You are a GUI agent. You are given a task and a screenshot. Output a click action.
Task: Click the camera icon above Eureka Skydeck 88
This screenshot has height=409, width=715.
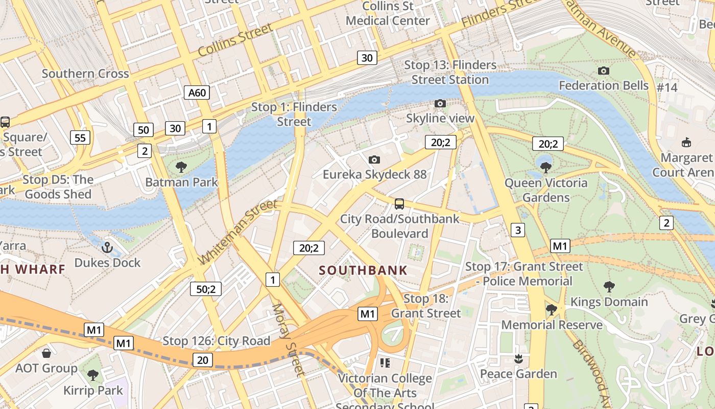(x=374, y=160)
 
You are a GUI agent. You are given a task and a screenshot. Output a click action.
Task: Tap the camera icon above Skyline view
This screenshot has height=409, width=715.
(x=440, y=104)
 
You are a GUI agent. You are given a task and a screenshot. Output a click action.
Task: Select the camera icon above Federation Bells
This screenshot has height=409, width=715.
(x=603, y=71)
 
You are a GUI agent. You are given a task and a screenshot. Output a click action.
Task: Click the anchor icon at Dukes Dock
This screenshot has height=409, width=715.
(x=107, y=248)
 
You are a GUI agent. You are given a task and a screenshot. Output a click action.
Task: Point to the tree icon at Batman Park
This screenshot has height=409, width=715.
(x=181, y=167)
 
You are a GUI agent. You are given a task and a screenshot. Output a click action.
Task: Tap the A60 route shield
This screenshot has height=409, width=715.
(x=197, y=93)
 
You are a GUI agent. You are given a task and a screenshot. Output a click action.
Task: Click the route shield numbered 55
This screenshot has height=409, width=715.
(x=80, y=138)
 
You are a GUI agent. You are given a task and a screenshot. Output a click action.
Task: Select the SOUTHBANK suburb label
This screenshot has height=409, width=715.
(x=363, y=270)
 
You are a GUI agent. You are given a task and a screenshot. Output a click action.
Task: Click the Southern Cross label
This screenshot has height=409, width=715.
(x=85, y=74)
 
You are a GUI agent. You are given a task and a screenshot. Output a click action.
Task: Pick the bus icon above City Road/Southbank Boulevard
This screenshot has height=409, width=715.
(x=399, y=204)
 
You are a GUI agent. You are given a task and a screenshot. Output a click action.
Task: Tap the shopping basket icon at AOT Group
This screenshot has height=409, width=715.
(x=46, y=353)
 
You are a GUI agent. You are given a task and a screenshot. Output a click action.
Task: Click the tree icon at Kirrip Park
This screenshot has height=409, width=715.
(x=92, y=376)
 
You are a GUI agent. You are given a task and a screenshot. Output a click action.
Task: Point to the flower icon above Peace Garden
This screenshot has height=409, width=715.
(x=518, y=359)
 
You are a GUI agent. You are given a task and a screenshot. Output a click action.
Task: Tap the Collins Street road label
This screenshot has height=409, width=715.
(x=235, y=40)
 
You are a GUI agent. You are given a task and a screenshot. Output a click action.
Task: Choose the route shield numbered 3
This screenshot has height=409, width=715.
(x=518, y=230)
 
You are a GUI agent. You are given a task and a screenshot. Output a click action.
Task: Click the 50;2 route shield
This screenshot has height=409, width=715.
(x=206, y=289)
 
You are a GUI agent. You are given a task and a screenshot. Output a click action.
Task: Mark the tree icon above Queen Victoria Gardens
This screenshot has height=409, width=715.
(x=546, y=167)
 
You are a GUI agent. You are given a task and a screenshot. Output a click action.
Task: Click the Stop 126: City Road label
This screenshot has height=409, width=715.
(x=216, y=341)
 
